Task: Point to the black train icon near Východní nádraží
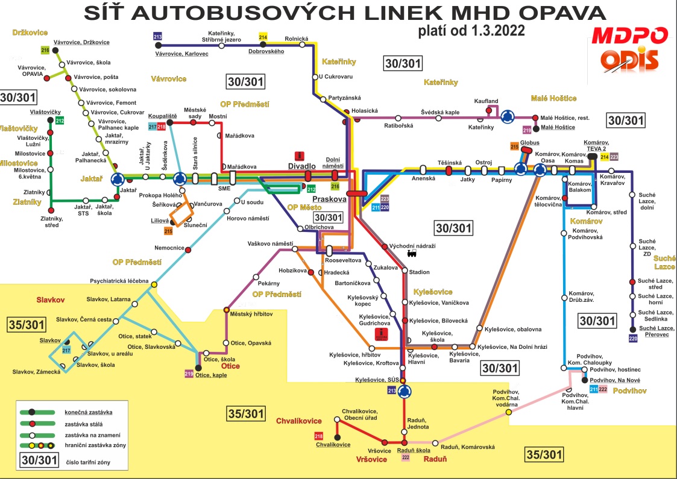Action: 412,254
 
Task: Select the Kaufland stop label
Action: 485,100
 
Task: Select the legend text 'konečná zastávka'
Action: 88,412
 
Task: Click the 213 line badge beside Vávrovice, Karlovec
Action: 158,37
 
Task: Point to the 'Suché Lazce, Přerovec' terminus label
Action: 655,331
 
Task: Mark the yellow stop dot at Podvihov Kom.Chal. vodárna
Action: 509,412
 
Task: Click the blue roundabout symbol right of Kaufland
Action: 508,116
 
